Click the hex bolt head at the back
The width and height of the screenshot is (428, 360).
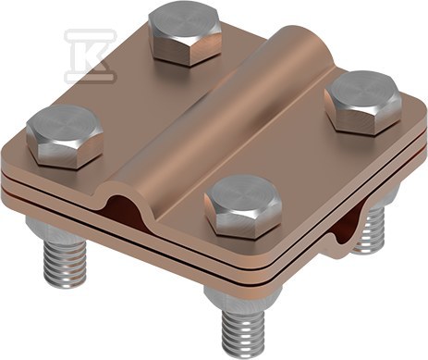(x=185, y=34)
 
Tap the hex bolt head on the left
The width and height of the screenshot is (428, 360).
(x=65, y=136)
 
